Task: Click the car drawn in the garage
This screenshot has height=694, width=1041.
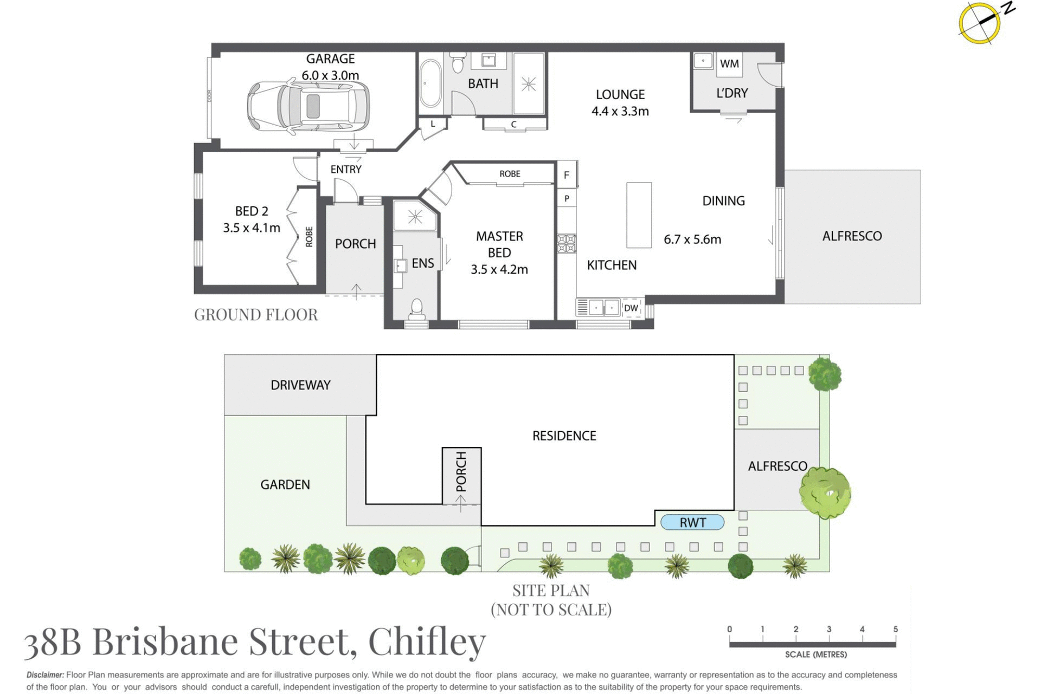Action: (308, 106)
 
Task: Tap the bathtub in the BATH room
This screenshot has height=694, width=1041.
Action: (430, 83)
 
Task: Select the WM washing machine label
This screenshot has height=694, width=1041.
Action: (729, 64)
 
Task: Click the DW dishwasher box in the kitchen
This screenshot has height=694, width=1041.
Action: (631, 308)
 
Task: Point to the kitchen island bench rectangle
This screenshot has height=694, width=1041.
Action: (639, 215)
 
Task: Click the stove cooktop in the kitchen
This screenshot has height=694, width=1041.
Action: (567, 243)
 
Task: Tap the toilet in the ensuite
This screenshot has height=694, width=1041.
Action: (416, 308)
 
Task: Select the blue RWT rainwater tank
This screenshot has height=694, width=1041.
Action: (692, 522)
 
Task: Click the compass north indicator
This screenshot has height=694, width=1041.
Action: (980, 22)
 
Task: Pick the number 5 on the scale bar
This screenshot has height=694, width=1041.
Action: (895, 629)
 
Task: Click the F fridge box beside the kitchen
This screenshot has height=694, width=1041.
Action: (567, 175)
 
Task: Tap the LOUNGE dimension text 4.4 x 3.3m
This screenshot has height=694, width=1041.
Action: (620, 111)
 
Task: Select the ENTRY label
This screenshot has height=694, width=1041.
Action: (346, 170)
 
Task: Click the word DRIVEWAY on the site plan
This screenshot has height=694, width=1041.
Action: (300, 385)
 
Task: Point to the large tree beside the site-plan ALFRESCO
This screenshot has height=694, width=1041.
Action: (825, 492)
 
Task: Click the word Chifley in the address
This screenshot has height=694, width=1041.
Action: (427, 642)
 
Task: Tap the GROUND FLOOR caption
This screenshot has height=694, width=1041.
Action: (256, 315)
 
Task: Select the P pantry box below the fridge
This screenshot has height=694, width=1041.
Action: (567, 198)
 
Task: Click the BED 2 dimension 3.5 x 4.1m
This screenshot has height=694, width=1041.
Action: (252, 228)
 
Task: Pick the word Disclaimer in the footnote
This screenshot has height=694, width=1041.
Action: (45, 675)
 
